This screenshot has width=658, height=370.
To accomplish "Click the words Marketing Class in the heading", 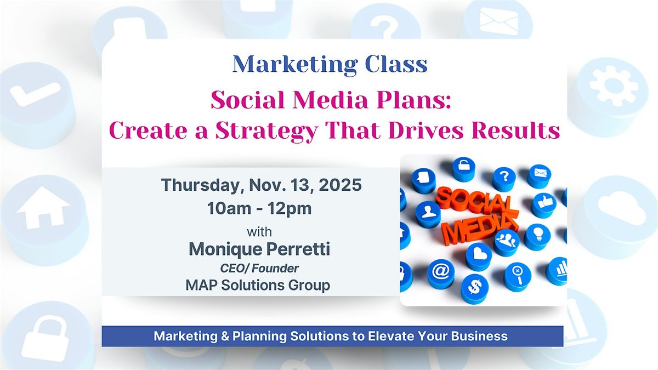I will pos(330,65).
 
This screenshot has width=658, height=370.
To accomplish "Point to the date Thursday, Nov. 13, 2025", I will pos(261,185).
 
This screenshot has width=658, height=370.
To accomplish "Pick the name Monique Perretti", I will pos(259,249).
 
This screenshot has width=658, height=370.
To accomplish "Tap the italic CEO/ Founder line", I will pos(259,268).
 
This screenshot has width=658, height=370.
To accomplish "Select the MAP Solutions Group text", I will pos(259,285).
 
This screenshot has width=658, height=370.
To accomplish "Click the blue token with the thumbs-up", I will pos(543,204).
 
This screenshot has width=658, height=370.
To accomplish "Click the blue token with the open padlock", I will pos(464,169).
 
